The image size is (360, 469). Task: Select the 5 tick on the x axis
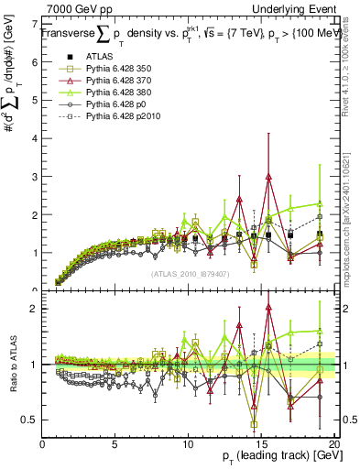click(x=115, y=444)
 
